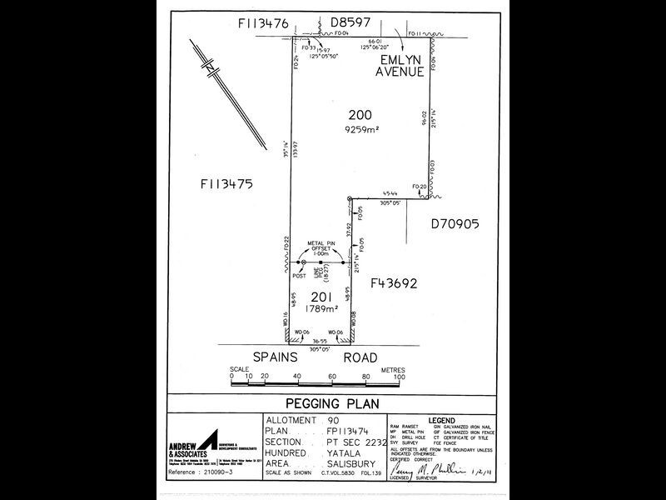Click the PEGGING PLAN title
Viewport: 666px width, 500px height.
(332, 403)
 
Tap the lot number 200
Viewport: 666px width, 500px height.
(360, 115)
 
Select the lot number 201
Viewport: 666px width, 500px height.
(323, 297)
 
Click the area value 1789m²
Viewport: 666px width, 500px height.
(323, 309)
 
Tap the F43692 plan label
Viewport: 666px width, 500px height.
(394, 282)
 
